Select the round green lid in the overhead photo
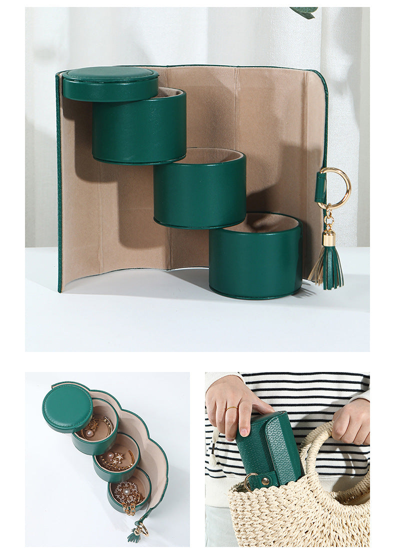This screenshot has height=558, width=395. (67, 407)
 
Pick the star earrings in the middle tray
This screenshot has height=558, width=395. (118, 457)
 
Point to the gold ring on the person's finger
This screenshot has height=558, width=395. (232, 409)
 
